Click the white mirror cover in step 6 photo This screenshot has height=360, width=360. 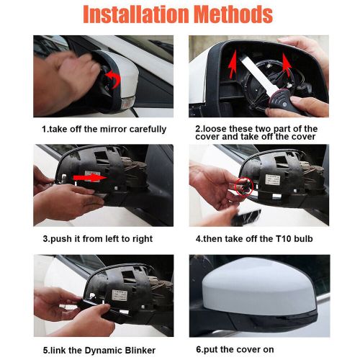[x=252, y=288]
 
